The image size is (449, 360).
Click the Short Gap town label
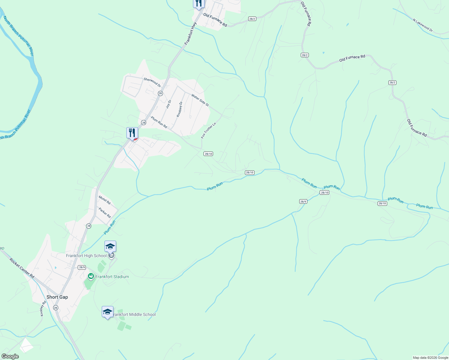click(57, 297)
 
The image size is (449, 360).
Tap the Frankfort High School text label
click(86, 256)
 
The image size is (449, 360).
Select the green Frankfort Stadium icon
click(91, 276)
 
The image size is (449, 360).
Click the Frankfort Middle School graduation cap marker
click(107, 312)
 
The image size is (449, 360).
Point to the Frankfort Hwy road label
click(191, 34)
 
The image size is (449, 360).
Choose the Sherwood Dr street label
click(152, 82)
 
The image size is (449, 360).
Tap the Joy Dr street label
click(168, 104)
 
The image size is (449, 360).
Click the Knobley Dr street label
click(179, 109)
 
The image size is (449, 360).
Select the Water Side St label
click(200, 100)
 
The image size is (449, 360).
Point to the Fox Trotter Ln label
click(208, 130)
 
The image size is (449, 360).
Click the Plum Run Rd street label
click(159, 122)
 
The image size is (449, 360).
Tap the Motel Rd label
click(105, 200)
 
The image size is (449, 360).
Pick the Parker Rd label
click(105, 213)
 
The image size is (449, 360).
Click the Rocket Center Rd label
click(22, 268)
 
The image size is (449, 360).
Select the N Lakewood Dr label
click(423, 25)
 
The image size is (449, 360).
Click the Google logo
click(10, 356)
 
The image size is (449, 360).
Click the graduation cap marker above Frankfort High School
click(110, 247)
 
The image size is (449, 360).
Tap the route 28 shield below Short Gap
click(56, 308)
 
